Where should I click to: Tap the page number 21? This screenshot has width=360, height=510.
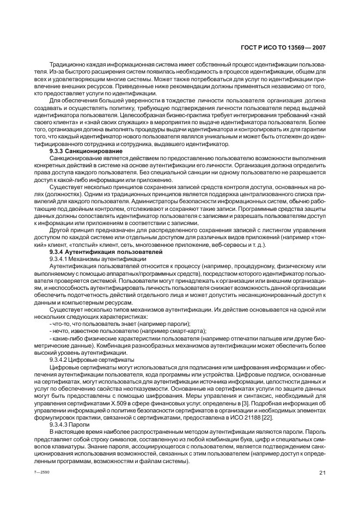tap(322, 472)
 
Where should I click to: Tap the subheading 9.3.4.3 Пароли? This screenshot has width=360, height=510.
tap(70, 424)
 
